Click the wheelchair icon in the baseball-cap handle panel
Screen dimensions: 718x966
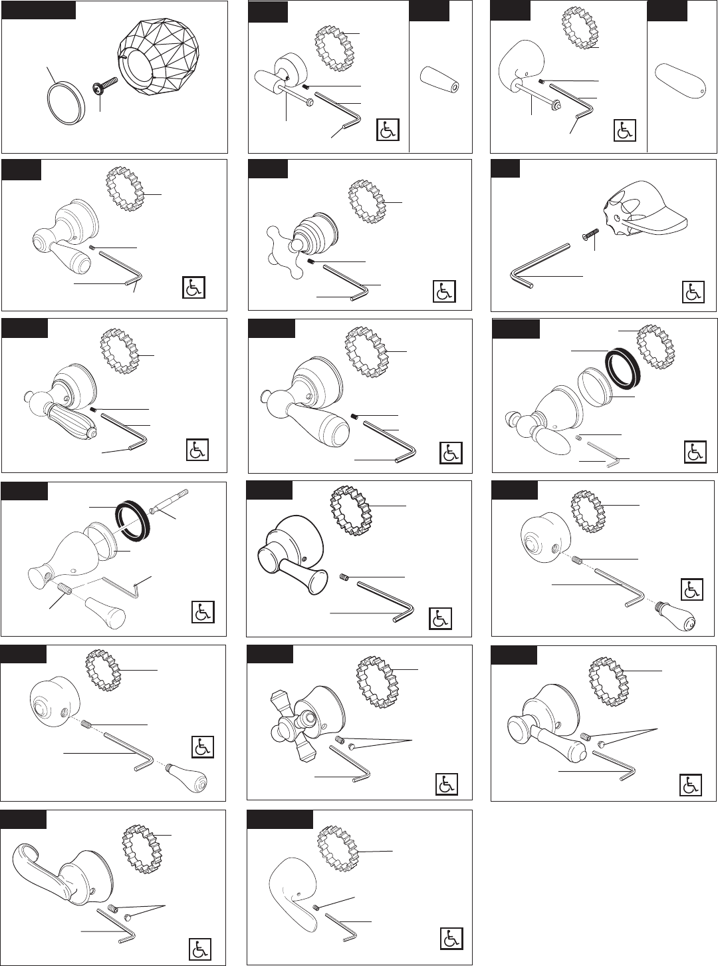[693, 291]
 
